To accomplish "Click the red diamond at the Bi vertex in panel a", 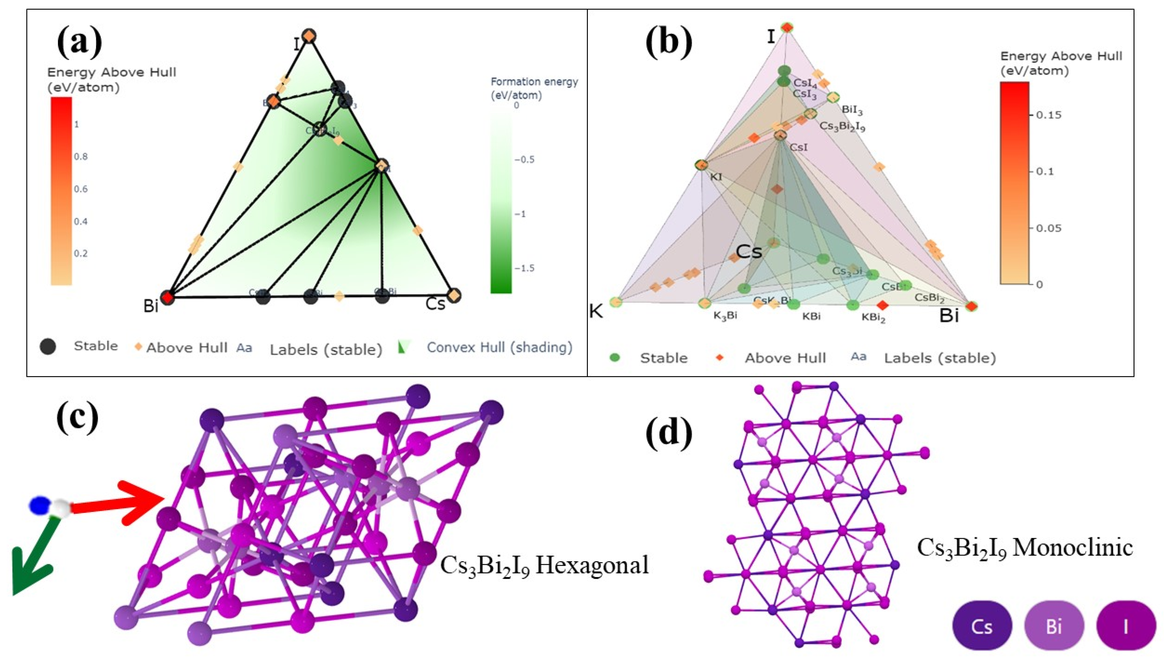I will [x=168, y=298].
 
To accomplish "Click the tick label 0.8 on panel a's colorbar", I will [x=81, y=156].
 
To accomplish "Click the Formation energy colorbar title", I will [x=534, y=88].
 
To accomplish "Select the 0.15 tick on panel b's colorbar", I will [x=1049, y=115].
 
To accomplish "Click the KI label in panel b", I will [x=716, y=177].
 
